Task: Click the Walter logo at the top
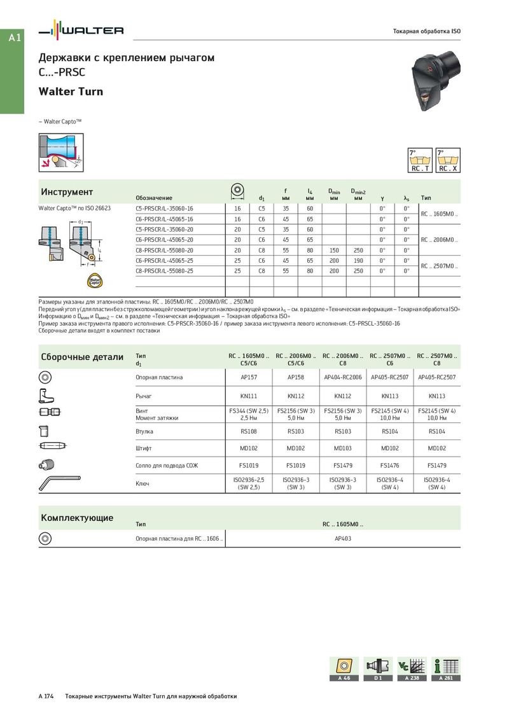81,31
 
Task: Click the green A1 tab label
15,38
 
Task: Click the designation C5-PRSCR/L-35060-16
164,209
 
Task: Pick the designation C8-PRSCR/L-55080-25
164,271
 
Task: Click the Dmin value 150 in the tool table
334,250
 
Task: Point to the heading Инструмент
67,192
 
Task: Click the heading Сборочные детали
82,357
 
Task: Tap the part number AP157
249,377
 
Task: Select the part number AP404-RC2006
343,377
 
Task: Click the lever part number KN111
249,396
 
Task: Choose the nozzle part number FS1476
390,466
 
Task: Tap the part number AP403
343,538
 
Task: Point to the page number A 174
46,696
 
